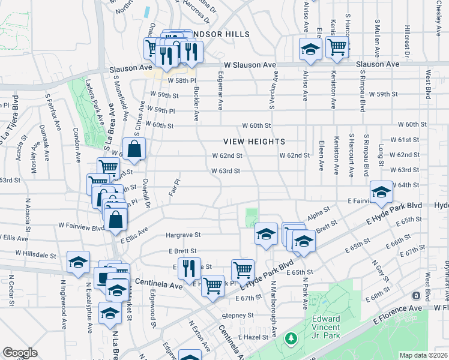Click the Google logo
point(20,353)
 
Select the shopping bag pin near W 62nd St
point(134,149)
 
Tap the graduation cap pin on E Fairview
point(380,192)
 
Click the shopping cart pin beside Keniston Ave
point(338,46)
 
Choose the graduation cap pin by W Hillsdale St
point(77,264)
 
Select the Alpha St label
point(319,214)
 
